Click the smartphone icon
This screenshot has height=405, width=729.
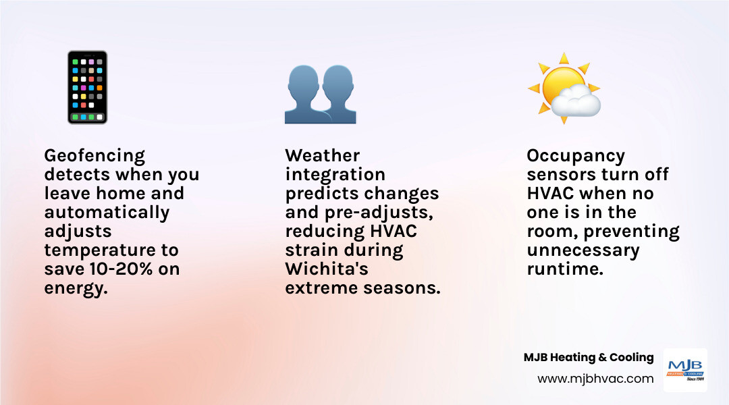(x=88, y=87)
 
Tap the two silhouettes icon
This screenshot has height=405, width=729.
(x=320, y=94)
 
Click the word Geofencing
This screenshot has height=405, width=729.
(x=94, y=156)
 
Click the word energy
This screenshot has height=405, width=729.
(x=75, y=288)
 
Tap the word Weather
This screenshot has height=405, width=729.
(x=322, y=156)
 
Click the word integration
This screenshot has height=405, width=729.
(x=335, y=175)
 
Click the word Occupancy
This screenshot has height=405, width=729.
(x=575, y=156)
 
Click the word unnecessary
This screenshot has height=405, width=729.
(x=582, y=250)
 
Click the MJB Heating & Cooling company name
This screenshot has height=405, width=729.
(x=589, y=358)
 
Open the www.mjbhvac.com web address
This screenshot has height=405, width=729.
(x=595, y=379)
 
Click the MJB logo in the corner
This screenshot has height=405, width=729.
(x=685, y=370)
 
